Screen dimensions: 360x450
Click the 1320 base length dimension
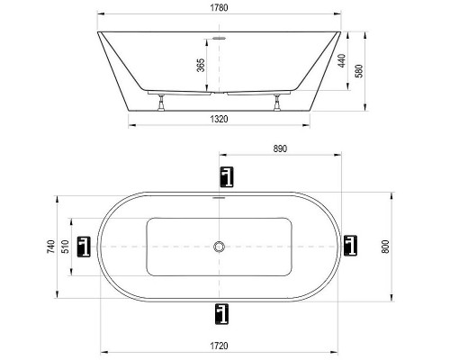pyautogui.click(x=220, y=117)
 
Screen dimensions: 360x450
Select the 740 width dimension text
pyautogui.click(x=52, y=244)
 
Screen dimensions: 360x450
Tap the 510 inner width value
pyautogui.click(x=66, y=244)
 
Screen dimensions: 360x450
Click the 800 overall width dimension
pyautogui.click(x=386, y=246)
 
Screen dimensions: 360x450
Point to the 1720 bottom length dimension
pyautogui.click(x=220, y=346)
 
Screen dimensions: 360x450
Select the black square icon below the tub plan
pyautogui.click(x=220, y=312)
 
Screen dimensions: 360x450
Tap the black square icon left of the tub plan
pyautogui.click(x=85, y=246)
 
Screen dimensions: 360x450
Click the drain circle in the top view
pyautogui.click(x=220, y=246)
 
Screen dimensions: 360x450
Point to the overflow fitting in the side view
pyautogui.click(x=220, y=39)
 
